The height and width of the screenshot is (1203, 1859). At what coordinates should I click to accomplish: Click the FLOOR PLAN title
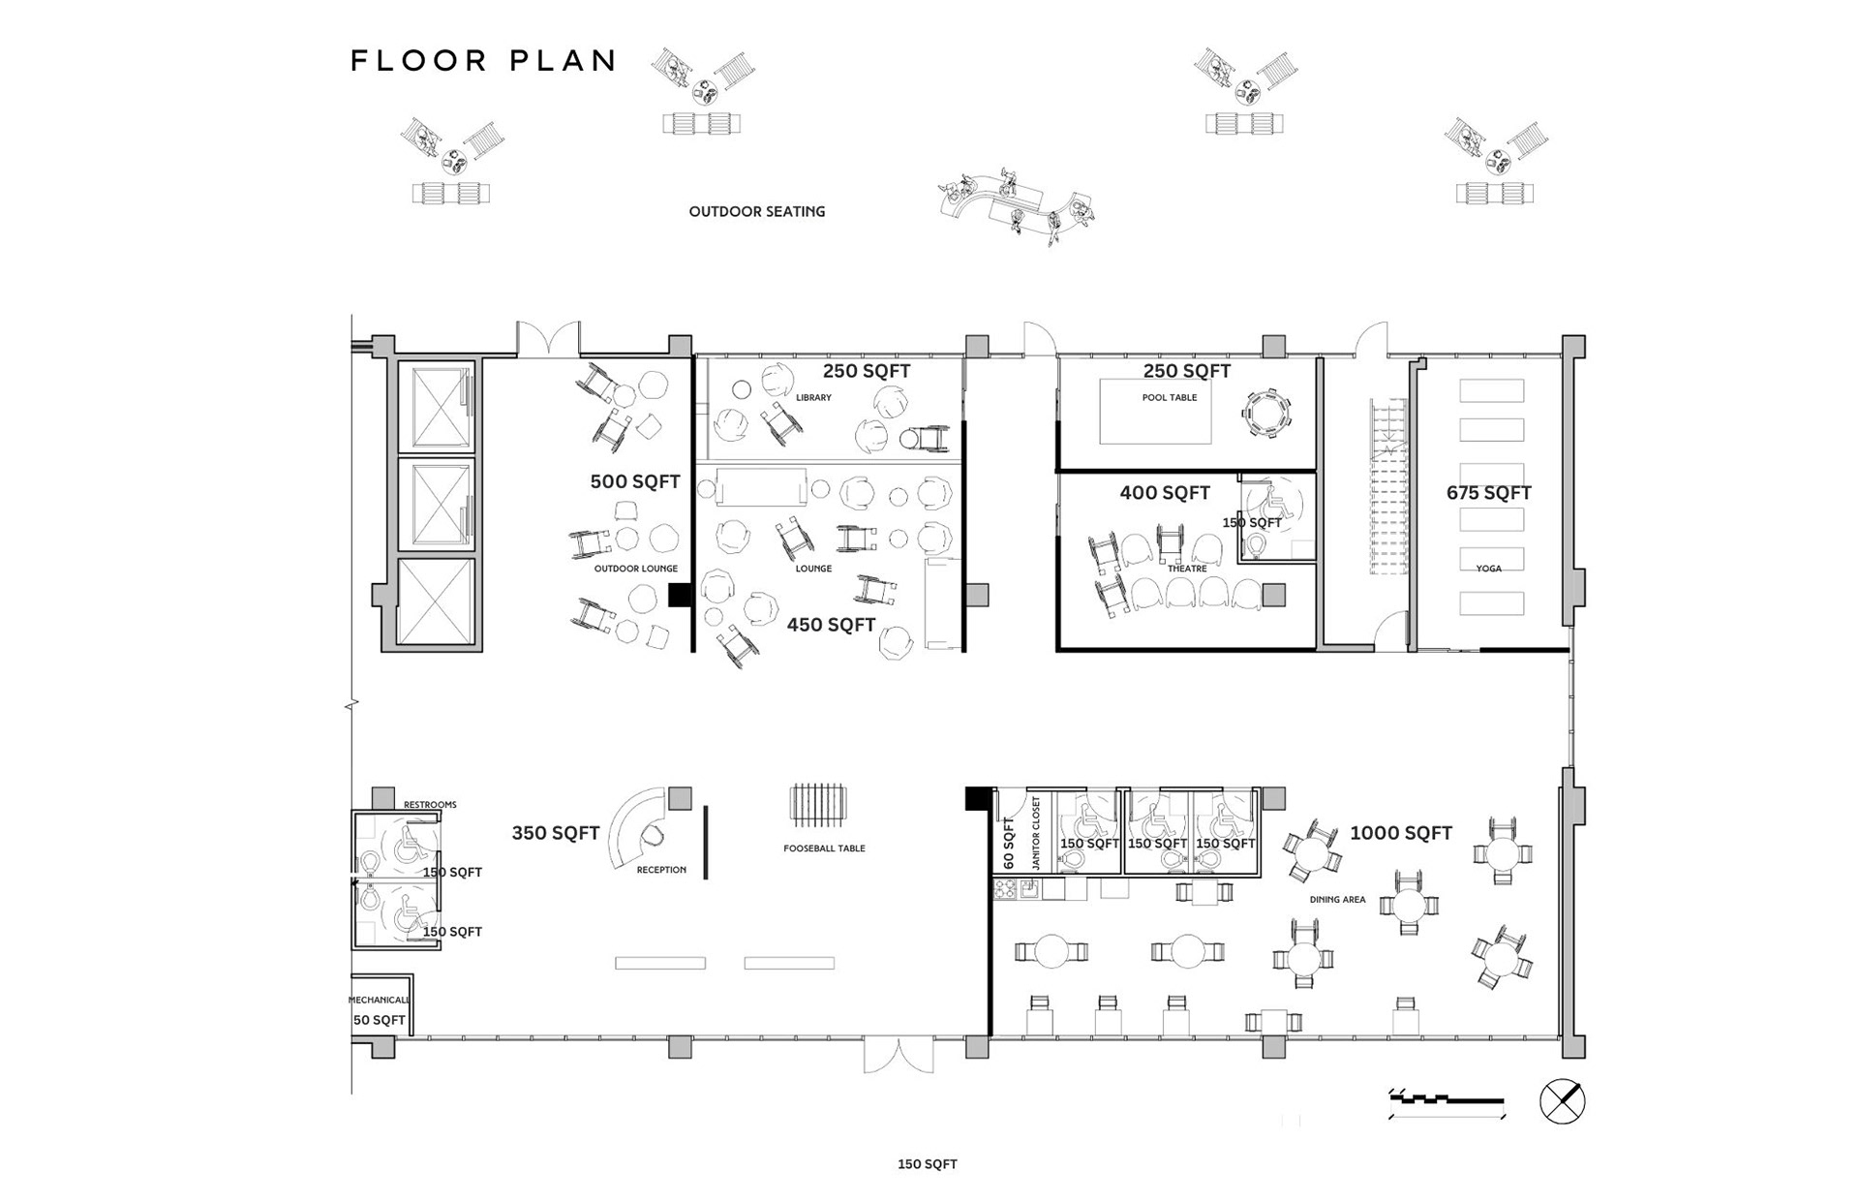tap(483, 61)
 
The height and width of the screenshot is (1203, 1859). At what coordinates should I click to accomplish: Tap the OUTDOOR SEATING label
tap(757, 211)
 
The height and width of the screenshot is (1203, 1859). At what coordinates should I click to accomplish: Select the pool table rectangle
tap(1155, 411)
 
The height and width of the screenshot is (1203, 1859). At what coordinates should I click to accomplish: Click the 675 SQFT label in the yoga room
tap(1488, 493)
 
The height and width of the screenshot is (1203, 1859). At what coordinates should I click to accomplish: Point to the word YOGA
tap(1488, 569)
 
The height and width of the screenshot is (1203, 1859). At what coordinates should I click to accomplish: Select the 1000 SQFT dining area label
tap(1401, 833)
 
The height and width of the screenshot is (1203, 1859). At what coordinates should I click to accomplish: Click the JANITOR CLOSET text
tap(1035, 833)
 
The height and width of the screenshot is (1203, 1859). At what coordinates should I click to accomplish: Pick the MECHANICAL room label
tap(379, 1000)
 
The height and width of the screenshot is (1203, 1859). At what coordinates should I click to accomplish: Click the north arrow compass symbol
tap(1562, 1101)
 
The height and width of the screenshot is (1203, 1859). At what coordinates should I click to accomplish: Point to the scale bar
tap(1447, 1102)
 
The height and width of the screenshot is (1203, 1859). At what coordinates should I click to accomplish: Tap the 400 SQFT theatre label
tap(1165, 493)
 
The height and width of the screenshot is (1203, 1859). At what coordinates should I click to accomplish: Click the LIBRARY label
tap(813, 398)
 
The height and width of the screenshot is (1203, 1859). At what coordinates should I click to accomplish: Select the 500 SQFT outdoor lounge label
tap(635, 481)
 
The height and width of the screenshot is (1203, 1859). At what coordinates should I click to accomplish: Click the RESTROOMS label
tap(430, 805)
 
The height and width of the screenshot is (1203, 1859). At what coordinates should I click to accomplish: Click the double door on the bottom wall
tap(899, 1055)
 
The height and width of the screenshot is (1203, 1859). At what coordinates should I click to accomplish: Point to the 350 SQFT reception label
tap(556, 833)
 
